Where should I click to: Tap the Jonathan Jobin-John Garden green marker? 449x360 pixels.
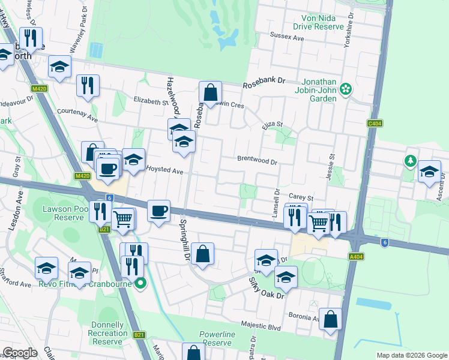(x=345, y=89)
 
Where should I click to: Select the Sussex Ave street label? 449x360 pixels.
(x=288, y=37)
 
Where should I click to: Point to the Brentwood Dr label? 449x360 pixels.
(x=257, y=161)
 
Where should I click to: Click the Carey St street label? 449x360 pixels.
(x=301, y=197)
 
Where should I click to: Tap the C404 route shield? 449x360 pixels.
(x=375, y=124)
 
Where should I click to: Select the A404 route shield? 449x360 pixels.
(x=356, y=256)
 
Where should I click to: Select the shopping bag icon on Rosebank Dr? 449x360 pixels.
(x=210, y=93)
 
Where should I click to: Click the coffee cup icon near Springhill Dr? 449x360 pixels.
(x=158, y=211)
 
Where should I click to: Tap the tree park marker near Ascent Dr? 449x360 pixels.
(x=410, y=161)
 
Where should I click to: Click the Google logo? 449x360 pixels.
(x=20, y=353)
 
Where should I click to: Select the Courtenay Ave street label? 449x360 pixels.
(x=77, y=112)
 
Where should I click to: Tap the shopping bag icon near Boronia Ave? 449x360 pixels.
(x=330, y=320)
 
